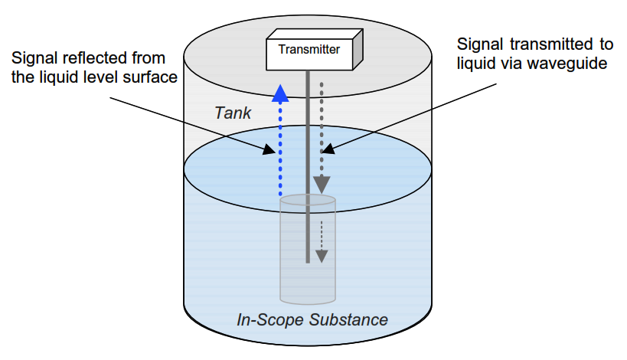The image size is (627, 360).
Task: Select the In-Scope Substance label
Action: coord(312,319)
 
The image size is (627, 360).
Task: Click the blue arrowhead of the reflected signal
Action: coord(282,92)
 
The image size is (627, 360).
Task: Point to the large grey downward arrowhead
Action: coord(322,185)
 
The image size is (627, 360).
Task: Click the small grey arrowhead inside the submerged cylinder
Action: coord(322,256)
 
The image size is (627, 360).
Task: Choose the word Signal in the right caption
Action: coord(478,44)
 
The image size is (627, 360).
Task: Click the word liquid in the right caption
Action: coord(480,64)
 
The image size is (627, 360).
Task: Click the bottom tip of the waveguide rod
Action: coord(307,262)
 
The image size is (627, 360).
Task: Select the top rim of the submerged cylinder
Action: coord(307,200)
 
